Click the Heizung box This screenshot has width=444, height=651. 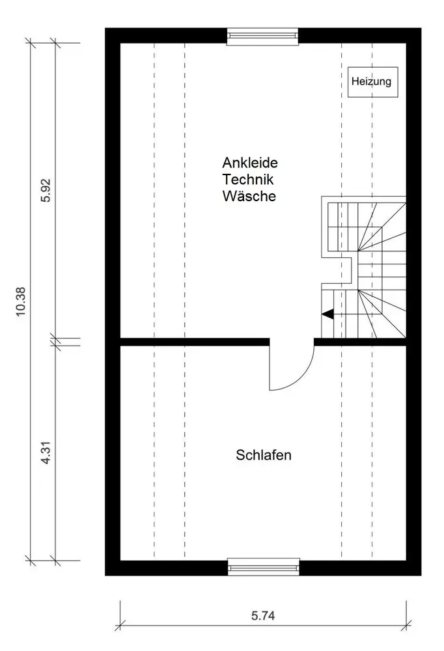(x=371, y=82)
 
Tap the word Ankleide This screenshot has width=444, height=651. (x=249, y=163)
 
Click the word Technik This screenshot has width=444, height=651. (x=249, y=179)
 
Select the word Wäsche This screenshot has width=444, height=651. (x=249, y=195)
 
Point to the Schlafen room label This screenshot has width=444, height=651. (x=263, y=455)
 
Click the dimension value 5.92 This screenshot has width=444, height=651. (x=46, y=190)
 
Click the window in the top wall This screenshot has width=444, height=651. (x=262, y=36)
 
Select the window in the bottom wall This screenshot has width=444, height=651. (x=264, y=566)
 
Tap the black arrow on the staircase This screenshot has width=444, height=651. (x=328, y=314)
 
